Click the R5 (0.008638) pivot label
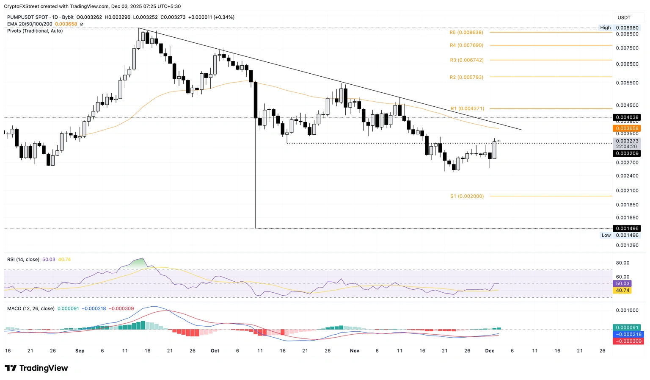466,32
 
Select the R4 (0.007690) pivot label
466,45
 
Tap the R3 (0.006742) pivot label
466,60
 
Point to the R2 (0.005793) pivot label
466,77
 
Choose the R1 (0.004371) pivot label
467,109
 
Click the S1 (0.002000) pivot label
467,196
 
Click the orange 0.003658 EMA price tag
626,128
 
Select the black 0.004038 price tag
626,117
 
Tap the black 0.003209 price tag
626,153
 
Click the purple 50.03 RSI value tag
622,283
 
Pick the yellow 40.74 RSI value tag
622,291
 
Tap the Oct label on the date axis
215,351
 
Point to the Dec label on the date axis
490,351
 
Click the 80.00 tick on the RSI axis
622,263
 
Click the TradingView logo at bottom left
36,368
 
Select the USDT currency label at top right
624,17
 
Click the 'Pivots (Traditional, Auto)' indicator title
35,31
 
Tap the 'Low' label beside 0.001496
606,235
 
